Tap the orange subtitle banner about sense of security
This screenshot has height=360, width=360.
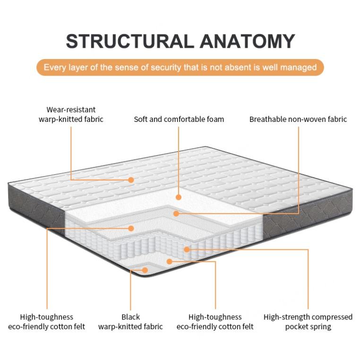(180, 67)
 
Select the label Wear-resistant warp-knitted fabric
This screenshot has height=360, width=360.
(71, 114)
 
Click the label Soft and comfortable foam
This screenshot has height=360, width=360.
(179, 119)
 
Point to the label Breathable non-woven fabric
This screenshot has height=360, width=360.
(298, 119)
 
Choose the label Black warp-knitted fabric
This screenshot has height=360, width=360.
(130, 322)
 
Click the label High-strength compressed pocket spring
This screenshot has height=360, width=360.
(308, 322)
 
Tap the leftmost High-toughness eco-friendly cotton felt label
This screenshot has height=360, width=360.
(47, 322)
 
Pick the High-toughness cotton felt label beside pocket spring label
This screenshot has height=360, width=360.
(215, 322)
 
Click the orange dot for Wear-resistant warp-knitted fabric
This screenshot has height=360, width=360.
(131, 180)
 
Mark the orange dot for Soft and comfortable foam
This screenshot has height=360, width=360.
(179, 197)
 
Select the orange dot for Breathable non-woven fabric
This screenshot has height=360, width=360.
(176, 214)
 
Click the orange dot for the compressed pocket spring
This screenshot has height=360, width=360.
(187, 249)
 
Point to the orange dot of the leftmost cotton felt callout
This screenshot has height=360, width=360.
(131, 229)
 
